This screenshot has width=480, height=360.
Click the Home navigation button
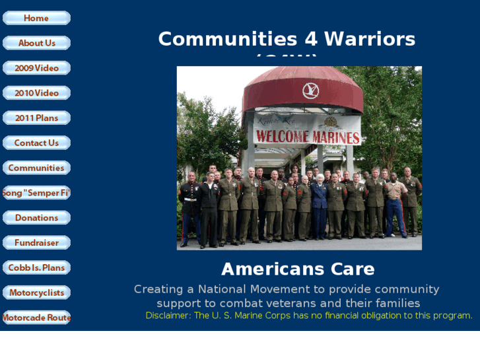pos(36,18)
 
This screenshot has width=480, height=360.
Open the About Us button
pos(36,43)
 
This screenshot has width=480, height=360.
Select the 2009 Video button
pos(36,68)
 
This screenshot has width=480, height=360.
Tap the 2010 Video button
pos(36,93)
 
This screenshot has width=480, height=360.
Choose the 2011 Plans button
pos(36,118)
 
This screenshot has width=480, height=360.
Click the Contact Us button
pos(36,143)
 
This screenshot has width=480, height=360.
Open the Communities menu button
pos(36,168)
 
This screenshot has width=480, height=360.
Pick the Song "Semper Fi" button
pos(36,193)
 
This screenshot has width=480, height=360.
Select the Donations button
pos(36,218)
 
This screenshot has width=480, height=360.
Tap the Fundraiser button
pos(36,242)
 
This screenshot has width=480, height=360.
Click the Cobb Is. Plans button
pos(36,268)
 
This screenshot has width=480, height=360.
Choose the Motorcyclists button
pos(36,293)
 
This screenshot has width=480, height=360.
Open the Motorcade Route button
pos(36,318)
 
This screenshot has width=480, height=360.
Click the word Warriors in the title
pos(370,39)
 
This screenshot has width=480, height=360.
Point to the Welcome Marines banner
pos(308,137)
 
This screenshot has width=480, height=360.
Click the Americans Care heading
pos(298,270)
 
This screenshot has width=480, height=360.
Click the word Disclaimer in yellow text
pos(168,316)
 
